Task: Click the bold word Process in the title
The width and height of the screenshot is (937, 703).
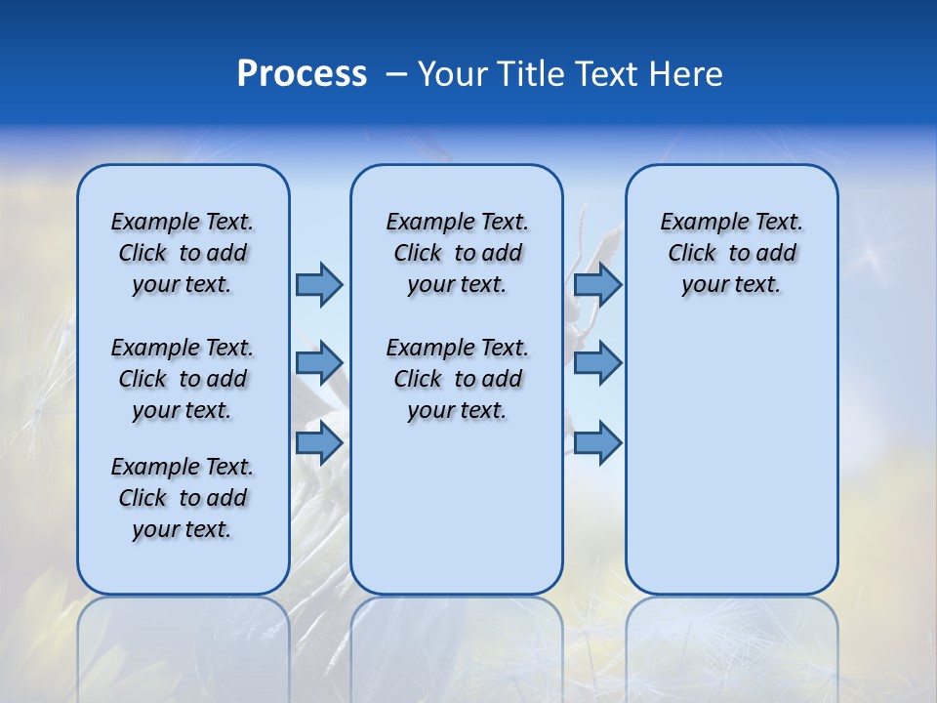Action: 302,74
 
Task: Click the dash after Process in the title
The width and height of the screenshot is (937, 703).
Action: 396,75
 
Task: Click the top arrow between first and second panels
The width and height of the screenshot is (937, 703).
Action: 319,284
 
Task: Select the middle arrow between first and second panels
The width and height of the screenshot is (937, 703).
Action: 319,363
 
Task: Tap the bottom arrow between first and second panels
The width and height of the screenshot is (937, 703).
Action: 319,443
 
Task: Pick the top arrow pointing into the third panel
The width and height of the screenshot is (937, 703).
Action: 597,284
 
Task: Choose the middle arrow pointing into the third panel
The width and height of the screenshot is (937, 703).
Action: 597,363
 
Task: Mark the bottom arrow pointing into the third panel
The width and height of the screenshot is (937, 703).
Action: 597,443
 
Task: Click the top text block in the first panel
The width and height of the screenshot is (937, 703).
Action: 183,253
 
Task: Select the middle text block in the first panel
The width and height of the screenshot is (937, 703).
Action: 183,379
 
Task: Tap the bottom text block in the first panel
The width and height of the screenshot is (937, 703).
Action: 183,498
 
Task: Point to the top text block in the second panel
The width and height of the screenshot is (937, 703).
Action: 457,253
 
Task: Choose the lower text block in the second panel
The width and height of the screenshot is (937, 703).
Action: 457,379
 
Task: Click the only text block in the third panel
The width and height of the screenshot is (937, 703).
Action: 731,253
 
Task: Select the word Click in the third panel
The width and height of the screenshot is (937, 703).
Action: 692,254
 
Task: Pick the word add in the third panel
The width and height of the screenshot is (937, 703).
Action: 776,254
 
